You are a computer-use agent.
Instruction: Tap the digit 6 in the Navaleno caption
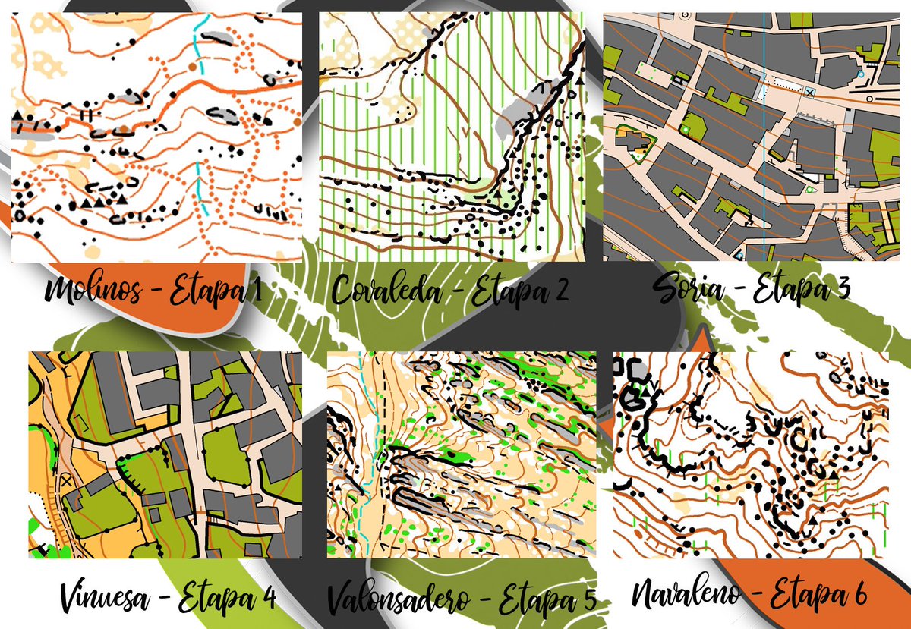click(856, 593)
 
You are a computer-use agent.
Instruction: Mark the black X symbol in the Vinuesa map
click(66, 480)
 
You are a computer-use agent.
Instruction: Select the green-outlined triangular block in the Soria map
click(636, 142)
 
